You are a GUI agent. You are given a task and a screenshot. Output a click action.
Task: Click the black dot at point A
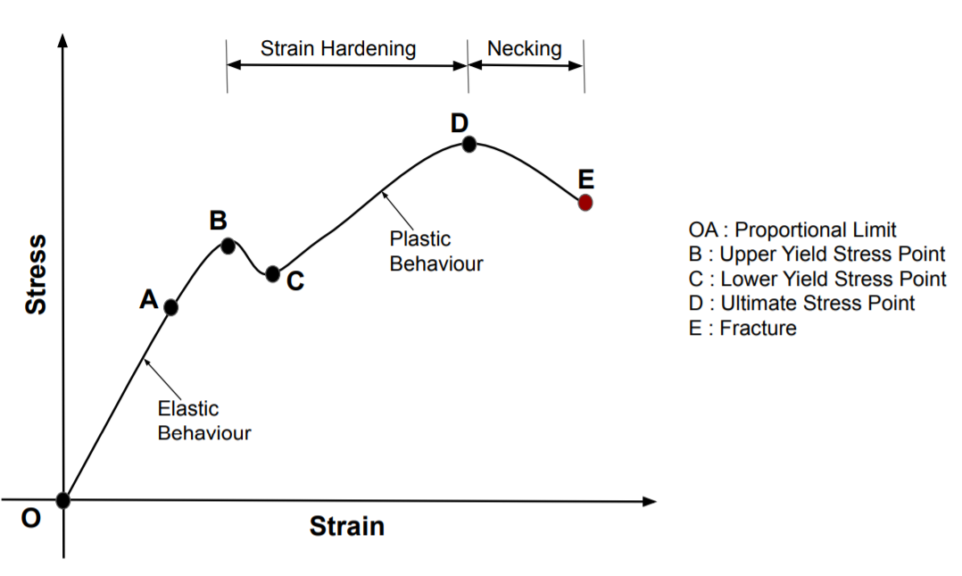pyautogui.click(x=171, y=307)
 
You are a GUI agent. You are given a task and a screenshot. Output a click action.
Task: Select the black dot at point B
pyautogui.click(x=228, y=245)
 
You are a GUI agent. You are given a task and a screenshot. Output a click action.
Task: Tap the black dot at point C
pyautogui.click(x=273, y=274)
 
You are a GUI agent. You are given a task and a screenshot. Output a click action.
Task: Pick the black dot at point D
pyautogui.click(x=469, y=144)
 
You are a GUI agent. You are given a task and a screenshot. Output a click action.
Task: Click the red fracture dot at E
pyautogui.click(x=585, y=203)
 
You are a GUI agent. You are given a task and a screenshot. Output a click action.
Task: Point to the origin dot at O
pyautogui.click(x=62, y=500)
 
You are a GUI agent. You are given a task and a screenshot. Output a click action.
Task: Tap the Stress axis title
pyautogui.click(x=36, y=274)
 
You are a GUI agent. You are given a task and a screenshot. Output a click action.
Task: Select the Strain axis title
pyautogui.click(x=347, y=527)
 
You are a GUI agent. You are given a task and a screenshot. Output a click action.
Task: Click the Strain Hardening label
pyautogui.click(x=338, y=48)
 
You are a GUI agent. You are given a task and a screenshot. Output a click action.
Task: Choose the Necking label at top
pyautogui.click(x=525, y=48)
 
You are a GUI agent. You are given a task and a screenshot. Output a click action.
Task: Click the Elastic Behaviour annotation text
pyautogui.click(x=203, y=421)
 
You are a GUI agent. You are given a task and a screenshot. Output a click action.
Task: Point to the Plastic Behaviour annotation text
pyautogui.click(x=435, y=251)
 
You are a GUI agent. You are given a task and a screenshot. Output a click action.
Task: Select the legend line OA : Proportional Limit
pyautogui.click(x=793, y=230)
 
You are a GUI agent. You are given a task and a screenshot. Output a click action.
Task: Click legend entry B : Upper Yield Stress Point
pyautogui.click(x=817, y=254)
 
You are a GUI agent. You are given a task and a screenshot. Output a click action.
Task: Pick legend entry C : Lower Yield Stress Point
pyautogui.click(x=817, y=279)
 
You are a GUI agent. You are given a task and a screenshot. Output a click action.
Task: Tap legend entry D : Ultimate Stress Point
pyautogui.click(x=802, y=303)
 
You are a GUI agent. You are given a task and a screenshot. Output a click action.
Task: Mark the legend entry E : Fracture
pyautogui.click(x=743, y=328)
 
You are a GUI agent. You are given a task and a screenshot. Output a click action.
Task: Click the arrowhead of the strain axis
pyautogui.click(x=651, y=501)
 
